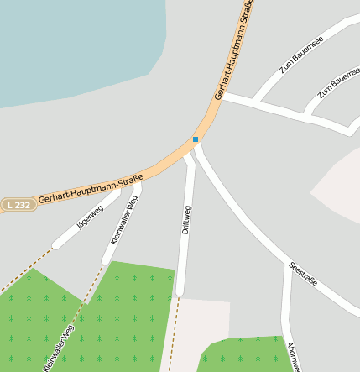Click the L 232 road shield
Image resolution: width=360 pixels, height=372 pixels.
click(x=18, y=205)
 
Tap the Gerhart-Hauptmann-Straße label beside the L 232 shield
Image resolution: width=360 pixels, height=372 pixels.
click(x=91, y=189)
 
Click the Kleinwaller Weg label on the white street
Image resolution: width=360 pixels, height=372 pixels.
click(x=124, y=219)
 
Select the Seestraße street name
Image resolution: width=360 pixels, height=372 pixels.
click(x=303, y=275)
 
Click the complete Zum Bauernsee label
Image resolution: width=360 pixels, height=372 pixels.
click(x=301, y=55)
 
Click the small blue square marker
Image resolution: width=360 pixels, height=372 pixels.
click(x=196, y=139)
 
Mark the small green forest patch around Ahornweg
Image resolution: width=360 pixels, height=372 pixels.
click(x=243, y=354)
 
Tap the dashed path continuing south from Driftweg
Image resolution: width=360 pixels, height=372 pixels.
click(x=172, y=336)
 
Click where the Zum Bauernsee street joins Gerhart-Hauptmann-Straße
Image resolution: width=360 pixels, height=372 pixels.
click(x=224, y=96)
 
